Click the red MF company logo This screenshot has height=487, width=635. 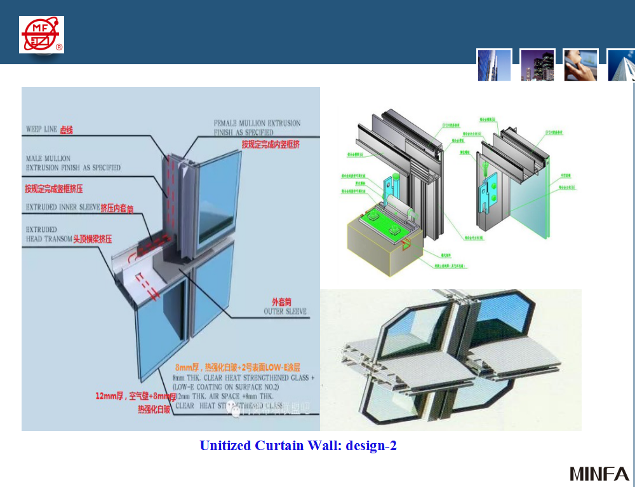(x=41, y=34)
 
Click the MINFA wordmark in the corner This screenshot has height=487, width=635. (x=599, y=474)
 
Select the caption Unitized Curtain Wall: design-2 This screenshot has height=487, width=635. (x=298, y=446)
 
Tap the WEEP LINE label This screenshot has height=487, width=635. (x=41, y=129)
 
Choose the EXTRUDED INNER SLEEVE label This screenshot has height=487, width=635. (x=62, y=207)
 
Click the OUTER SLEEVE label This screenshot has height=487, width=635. (x=285, y=312)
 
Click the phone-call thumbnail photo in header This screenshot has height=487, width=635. (x=580, y=65)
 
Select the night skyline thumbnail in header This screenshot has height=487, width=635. (x=537, y=65)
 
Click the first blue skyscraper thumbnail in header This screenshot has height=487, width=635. (x=494, y=65)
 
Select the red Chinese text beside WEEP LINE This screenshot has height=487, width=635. (x=67, y=130)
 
